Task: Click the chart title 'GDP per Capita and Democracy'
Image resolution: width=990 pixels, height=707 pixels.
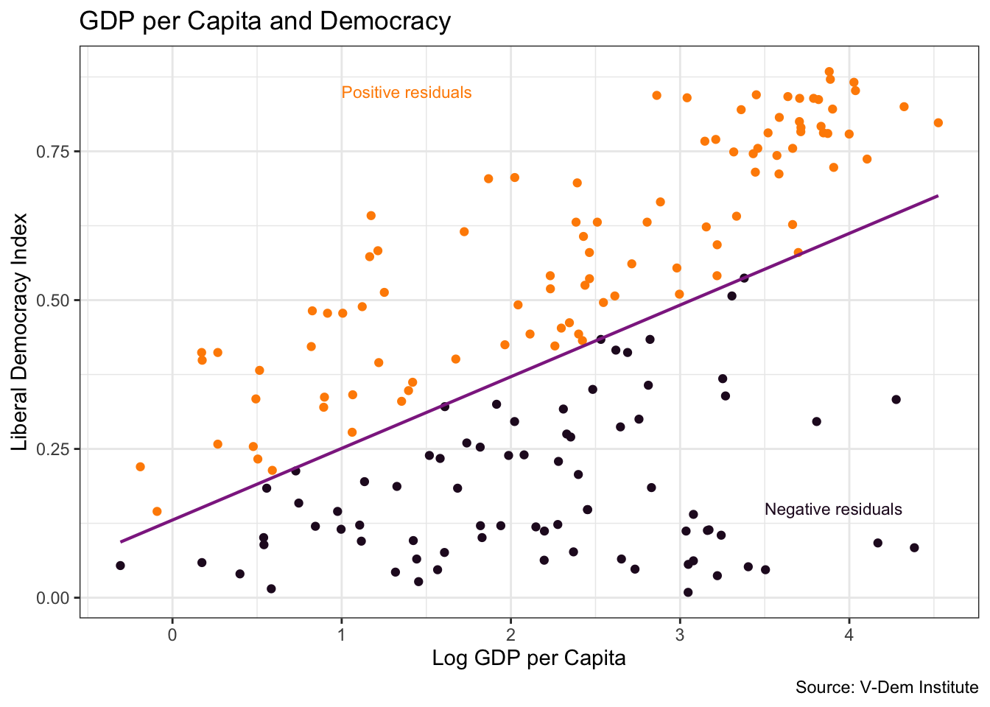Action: (264, 21)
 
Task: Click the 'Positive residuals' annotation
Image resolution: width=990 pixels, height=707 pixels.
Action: (407, 93)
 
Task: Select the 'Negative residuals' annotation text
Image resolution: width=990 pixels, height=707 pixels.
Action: (833, 510)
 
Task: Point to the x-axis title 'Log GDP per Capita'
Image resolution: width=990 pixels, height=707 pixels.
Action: (529, 658)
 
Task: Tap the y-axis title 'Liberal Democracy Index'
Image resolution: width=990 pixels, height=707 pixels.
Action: (20, 331)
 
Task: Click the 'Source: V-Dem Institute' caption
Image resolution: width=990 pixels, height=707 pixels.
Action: (887, 688)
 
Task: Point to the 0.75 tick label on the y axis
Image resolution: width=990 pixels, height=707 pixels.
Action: (52, 151)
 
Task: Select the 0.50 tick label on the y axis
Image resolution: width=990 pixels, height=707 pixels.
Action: (52, 300)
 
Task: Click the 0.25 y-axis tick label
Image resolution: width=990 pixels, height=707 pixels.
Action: (52, 449)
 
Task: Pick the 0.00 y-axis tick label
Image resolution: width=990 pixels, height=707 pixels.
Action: (52, 598)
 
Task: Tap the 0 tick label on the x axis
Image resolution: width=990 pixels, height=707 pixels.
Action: (172, 634)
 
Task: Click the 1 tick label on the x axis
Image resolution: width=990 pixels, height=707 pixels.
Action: (341, 634)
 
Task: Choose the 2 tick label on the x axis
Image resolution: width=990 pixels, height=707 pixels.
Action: (510, 634)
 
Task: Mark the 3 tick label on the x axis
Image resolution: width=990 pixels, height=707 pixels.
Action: (680, 634)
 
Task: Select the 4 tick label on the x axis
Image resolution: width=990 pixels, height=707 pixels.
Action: (849, 634)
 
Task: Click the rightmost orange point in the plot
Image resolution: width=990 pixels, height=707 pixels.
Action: (938, 123)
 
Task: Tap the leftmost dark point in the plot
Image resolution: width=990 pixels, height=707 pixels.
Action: (120, 566)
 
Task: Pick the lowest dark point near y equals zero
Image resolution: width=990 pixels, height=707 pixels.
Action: (688, 592)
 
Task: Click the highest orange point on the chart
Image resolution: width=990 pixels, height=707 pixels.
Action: (829, 72)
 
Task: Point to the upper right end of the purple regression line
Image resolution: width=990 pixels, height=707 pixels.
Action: (937, 196)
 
